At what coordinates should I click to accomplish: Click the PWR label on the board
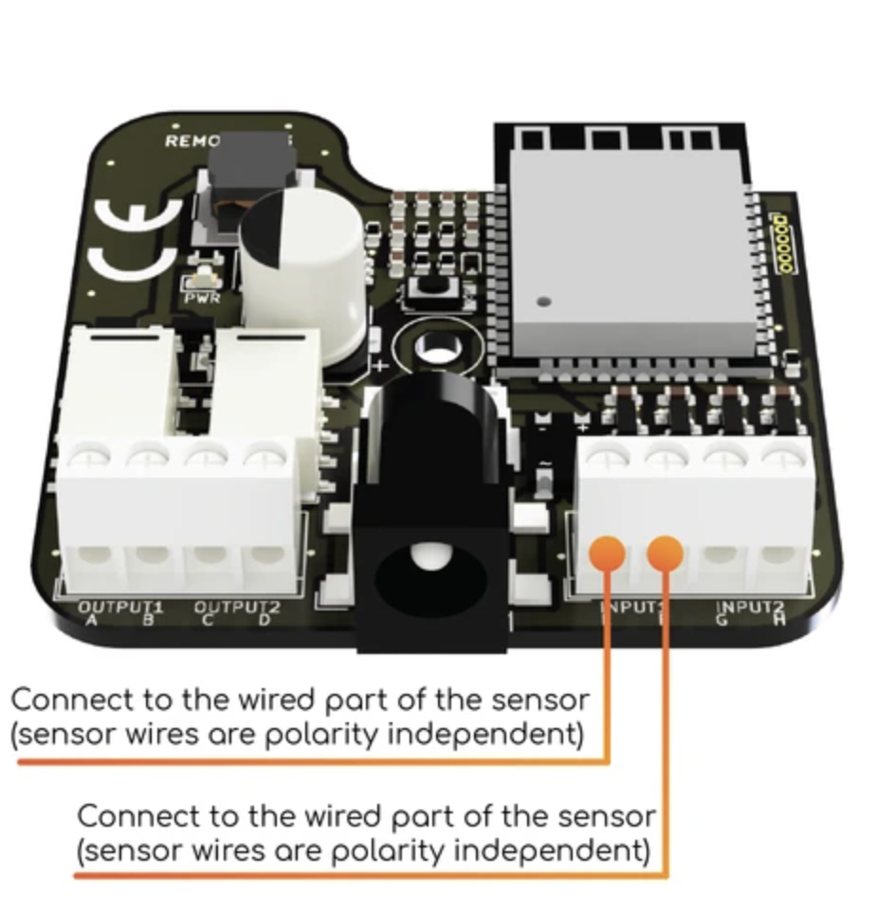(x=202, y=298)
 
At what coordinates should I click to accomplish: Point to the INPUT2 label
(x=750, y=608)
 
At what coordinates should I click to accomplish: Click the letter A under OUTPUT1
(x=92, y=621)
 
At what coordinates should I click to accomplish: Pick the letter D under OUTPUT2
(x=265, y=621)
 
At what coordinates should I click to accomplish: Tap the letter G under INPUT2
(x=725, y=621)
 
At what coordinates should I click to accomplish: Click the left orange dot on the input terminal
(x=607, y=553)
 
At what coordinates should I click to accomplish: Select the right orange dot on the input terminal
(x=666, y=553)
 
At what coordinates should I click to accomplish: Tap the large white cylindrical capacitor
(x=301, y=270)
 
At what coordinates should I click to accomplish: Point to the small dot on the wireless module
(x=543, y=302)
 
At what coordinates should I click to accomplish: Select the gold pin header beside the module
(x=783, y=245)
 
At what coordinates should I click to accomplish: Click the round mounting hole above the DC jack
(x=435, y=350)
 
